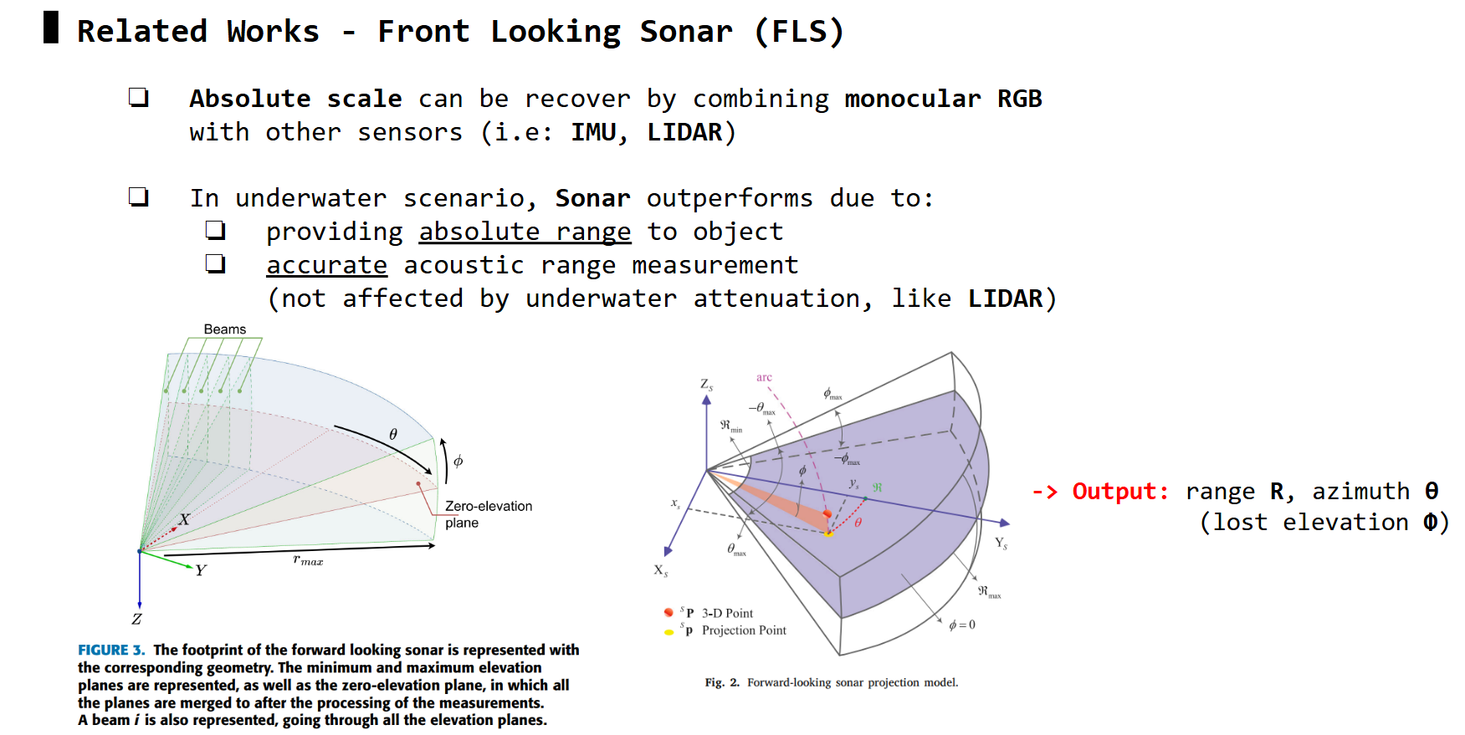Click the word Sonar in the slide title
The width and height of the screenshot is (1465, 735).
click(x=686, y=31)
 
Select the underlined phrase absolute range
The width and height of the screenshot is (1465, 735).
click(x=525, y=232)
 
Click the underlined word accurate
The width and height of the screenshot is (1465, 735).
click(x=326, y=265)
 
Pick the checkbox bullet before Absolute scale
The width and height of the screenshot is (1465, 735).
click(x=139, y=98)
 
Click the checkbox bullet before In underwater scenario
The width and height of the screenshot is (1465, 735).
click(x=139, y=197)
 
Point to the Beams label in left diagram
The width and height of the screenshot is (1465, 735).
click(x=225, y=329)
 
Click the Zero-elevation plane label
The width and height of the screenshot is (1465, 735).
click(x=489, y=514)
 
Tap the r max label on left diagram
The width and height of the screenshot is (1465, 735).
click(x=308, y=560)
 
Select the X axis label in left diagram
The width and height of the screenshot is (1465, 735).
click(x=184, y=519)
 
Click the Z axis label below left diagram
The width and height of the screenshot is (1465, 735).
click(x=136, y=620)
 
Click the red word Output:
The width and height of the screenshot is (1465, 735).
click(x=1120, y=491)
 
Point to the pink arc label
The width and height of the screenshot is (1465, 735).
click(x=764, y=378)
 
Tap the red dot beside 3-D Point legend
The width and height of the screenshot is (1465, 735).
click(x=668, y=613)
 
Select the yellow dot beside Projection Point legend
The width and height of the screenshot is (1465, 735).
click(x=668, y=632)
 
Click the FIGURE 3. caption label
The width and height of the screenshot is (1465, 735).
click(x=111, y=650)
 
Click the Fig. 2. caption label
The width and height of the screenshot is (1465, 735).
click(x=722, y=682)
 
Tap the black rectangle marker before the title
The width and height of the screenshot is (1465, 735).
click(x=51, y=28)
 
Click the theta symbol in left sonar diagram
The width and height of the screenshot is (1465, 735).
click(x=392, y=434)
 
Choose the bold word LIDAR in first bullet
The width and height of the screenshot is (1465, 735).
click(x=685, y=132)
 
